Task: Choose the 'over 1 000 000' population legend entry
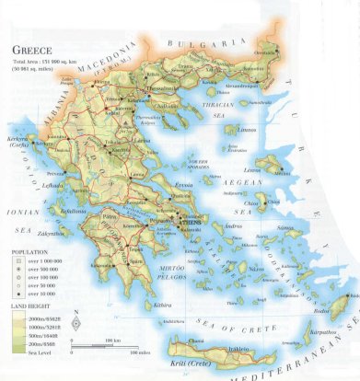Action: [34, 260]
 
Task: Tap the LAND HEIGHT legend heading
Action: [29, 306]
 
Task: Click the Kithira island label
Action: [163, 303]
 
